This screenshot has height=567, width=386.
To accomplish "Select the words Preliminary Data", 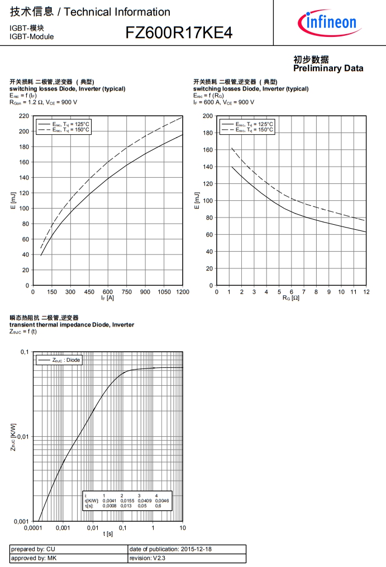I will [328, 68].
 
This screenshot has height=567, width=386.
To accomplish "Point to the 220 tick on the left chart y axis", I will [24, 116].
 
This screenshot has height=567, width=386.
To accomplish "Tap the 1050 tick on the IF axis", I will [164, 292].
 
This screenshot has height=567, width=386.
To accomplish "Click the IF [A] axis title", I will [108, 298].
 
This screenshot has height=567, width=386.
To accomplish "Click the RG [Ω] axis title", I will [291, 298].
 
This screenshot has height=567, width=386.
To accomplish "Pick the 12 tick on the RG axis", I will [366, 292].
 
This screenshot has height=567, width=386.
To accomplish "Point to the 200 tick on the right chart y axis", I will [207, 116].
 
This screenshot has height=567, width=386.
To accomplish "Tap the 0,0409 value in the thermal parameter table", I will [145, 500].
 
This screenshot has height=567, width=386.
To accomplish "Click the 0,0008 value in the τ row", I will [109, 505].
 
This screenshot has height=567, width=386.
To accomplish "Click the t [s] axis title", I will [108, 535].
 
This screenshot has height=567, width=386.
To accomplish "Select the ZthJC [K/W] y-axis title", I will [13, 437].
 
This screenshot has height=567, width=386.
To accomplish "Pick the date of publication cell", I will [170, 549].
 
